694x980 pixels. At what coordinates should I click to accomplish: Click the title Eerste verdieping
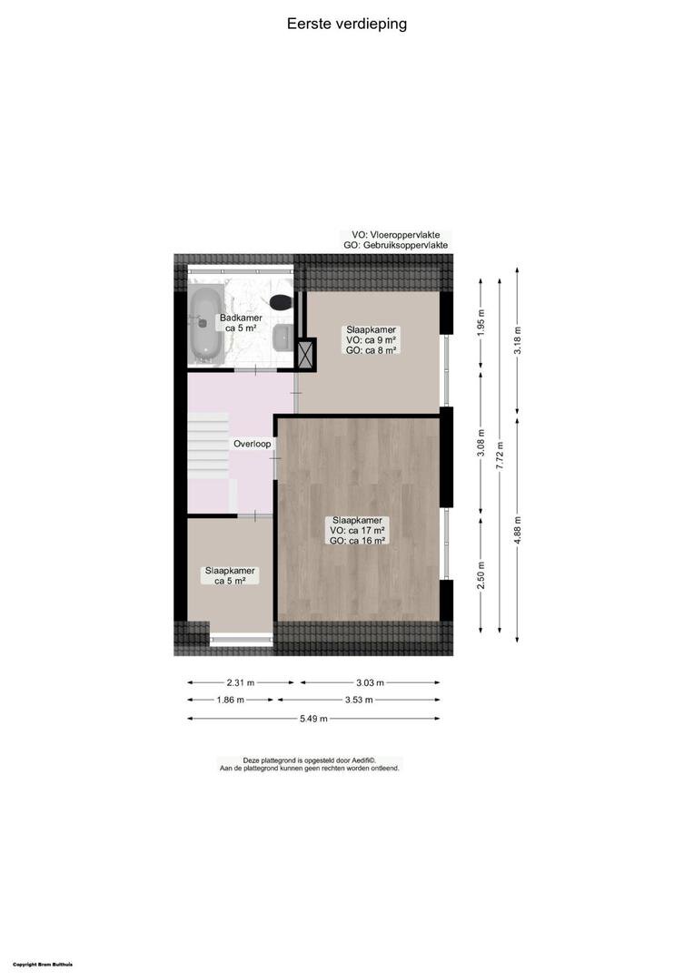click(x=347, y=24)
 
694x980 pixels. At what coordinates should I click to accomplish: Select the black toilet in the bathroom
click(x=282, y=302)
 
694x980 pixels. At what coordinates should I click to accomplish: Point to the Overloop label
click(x=253, y=444)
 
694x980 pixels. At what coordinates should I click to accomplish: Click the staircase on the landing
click(x=208, y=446)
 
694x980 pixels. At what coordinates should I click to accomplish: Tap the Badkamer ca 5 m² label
click(x=241, y=323)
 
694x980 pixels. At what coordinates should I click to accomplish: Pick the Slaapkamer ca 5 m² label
click(x=230, y=575)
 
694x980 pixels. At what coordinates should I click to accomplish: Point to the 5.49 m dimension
click(x=312, y=719)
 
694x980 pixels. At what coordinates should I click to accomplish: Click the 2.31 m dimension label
click(x=241, y=682)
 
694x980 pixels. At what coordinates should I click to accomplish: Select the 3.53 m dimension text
click(x=359, y=700)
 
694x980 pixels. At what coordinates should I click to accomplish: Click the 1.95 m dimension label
click(x=481, y=323)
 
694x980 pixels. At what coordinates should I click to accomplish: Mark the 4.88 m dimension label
click(x=518, y=529)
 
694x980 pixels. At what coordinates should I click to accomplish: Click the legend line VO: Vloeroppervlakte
click(x=395, y=235)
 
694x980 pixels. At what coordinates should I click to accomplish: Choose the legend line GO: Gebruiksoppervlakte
click(x=395, y=246)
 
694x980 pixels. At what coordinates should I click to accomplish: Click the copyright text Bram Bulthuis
click(x=43, y=965)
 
